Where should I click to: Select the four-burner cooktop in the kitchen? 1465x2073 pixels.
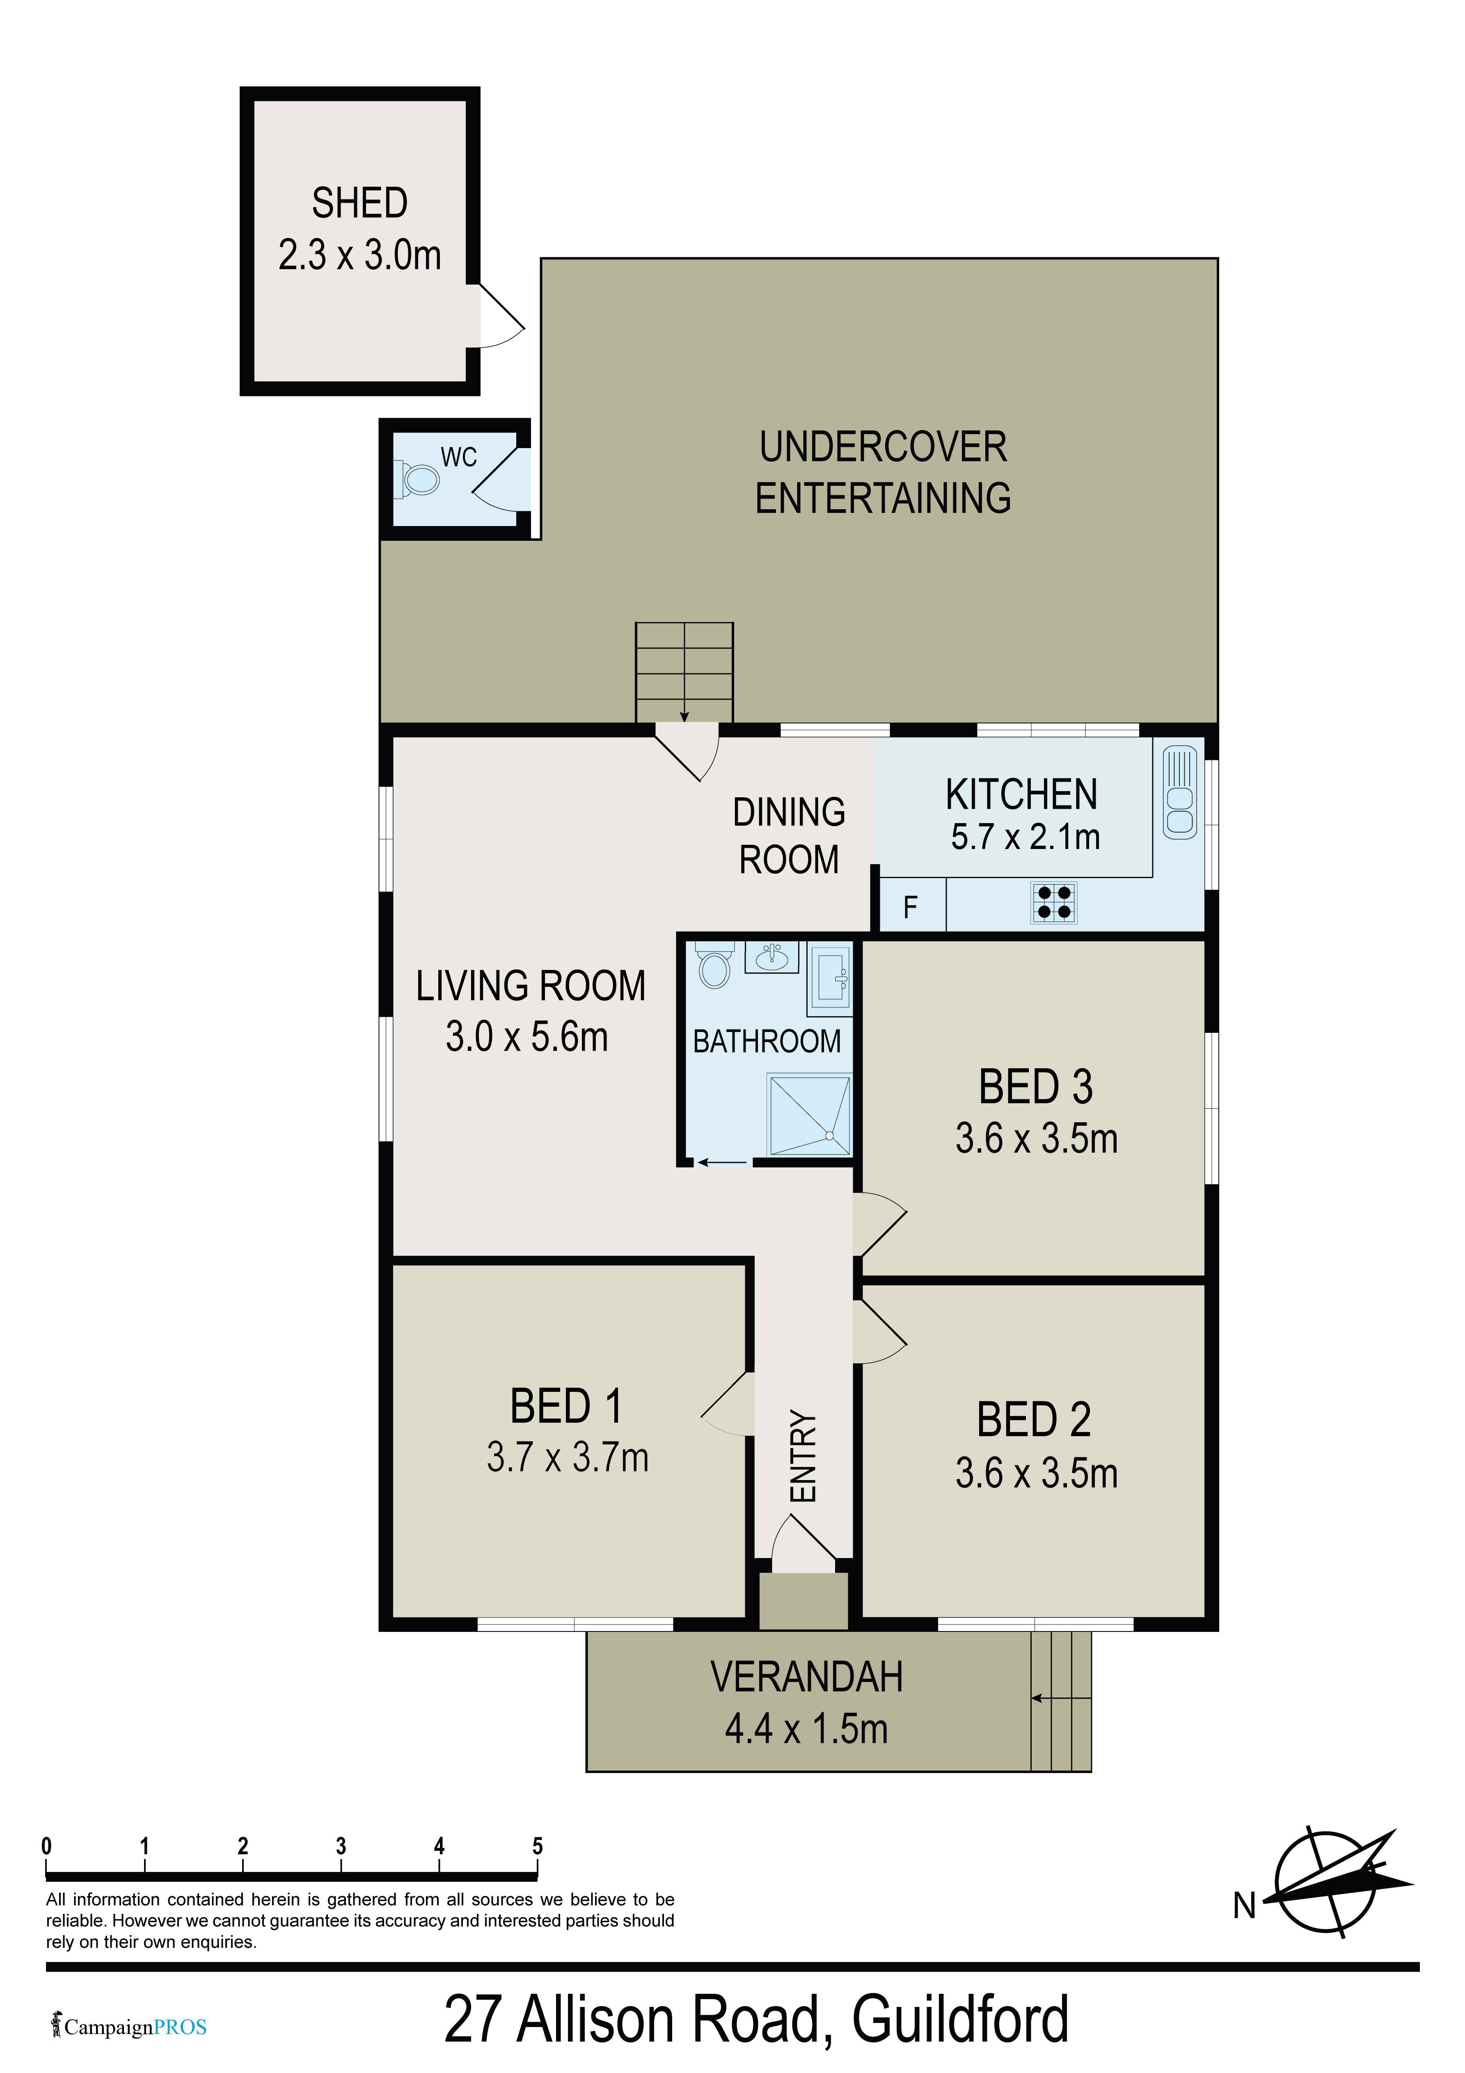pyautogui.click(x=1054, y=902)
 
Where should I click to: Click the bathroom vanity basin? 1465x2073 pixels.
pyautogui.click(x=771, y=957)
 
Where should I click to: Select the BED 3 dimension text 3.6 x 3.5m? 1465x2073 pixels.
pyautogui.click(x=1036, y=1139)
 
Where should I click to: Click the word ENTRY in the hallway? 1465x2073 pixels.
pyautogui.click(x=803, y=1456)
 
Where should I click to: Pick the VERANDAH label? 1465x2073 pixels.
pyautogui.click(x=806, y=1677)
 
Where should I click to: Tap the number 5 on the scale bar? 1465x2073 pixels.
pyautogui.click(x=538, y=1846)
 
